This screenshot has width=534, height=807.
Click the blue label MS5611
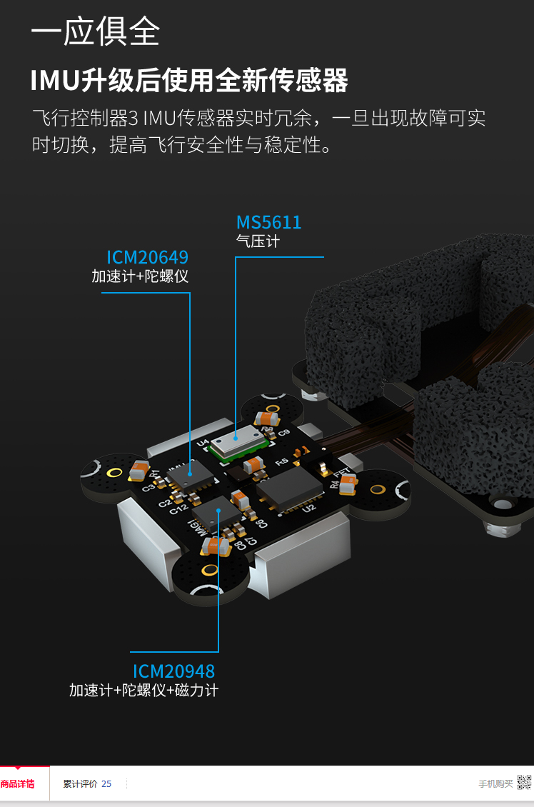[x=269, y=222]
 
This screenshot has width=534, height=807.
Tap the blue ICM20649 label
[x=147, y=257]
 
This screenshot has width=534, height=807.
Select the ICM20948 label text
[x=173, y=671]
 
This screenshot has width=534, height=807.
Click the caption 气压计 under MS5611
[x=258, y=241]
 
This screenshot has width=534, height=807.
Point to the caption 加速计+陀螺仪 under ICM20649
[x=140, y=276]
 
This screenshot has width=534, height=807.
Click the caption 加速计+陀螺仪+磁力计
[x=143, y=691]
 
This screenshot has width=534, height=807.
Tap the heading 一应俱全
[x=95, y=31]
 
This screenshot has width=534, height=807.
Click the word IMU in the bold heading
[x=54, y=81]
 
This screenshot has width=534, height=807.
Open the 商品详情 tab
[x=18, y=784]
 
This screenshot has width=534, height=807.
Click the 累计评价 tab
[x=80, y=784]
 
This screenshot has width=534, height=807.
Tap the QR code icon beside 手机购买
[x=525, y=783]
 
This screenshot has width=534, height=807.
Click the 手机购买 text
[x=495, y=784]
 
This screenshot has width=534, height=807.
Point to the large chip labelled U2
[x=291, y=489]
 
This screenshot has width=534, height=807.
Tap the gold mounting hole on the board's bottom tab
[x=209, y=569]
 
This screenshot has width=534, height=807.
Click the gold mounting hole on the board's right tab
[x=378, y=489]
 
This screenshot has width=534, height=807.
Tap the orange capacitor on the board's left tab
[x=139, y=469]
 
